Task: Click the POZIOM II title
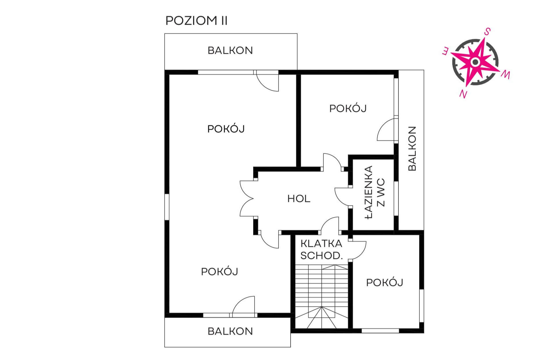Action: (196, 21)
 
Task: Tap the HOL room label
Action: (299, 199)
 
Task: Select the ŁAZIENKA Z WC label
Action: (375, 192)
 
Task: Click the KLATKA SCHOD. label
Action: (322, 249)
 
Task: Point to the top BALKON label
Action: (230, 51)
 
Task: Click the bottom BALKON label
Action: (230, 331)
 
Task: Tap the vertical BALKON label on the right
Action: (412, 148)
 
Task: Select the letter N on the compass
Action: (463, 94)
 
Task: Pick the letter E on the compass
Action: (445, 52)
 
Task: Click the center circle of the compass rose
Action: (475, 62)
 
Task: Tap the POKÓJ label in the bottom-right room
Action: (385, 283)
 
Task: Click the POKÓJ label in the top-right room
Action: (348, 108)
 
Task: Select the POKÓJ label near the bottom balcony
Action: (220, 272)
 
